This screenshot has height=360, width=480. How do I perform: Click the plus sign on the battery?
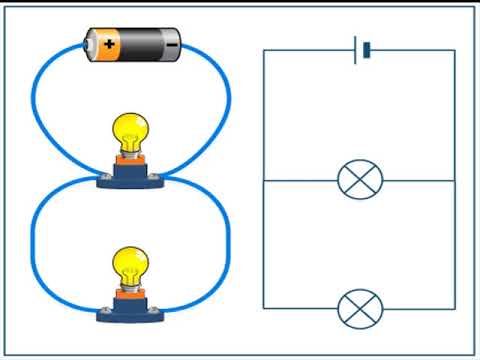[108, 44]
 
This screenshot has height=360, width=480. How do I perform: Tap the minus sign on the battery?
[172, 44]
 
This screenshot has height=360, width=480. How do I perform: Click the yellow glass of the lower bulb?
[129, 266]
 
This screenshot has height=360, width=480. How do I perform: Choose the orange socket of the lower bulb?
[129, 293]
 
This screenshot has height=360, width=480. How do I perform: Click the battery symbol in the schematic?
[362, 50]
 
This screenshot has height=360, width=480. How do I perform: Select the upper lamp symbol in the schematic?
[359, 180]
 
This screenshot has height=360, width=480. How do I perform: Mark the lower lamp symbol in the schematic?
[359, 307]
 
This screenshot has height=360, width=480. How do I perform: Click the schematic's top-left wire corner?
[263, 50]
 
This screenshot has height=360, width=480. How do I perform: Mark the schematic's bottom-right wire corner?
[455, 307]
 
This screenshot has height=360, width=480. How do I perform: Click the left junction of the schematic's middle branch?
[263, 180]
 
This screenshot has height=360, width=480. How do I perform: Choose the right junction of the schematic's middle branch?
[455, 180]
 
